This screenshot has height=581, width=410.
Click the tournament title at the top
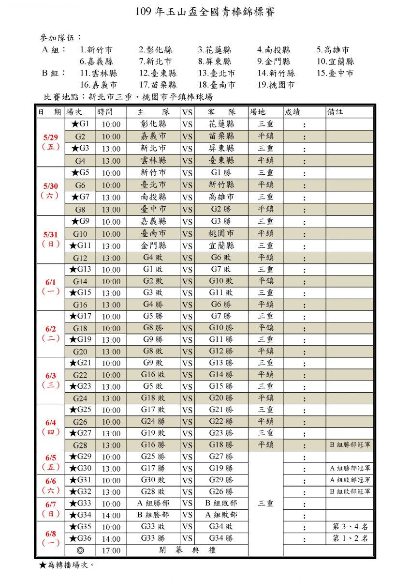[205, 12]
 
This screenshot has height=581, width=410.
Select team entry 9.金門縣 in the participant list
[274, 61]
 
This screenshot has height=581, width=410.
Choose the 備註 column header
[335, 112]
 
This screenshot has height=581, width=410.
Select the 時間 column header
[106, 112]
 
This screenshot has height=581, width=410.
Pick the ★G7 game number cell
[80, 197]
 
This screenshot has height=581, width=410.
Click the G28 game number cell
[80, 445]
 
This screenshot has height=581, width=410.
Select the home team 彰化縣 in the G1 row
[153, 124]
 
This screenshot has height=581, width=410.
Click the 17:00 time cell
[111, 550]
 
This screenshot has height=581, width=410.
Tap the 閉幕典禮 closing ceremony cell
[187, 550]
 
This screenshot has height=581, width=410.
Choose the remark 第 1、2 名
[350, 538]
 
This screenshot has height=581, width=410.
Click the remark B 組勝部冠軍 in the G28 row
[350, 445]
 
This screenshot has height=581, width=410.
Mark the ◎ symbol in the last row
[80, 550]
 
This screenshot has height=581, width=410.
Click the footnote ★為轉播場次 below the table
[66, 565]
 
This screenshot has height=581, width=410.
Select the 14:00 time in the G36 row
[111, 538]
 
